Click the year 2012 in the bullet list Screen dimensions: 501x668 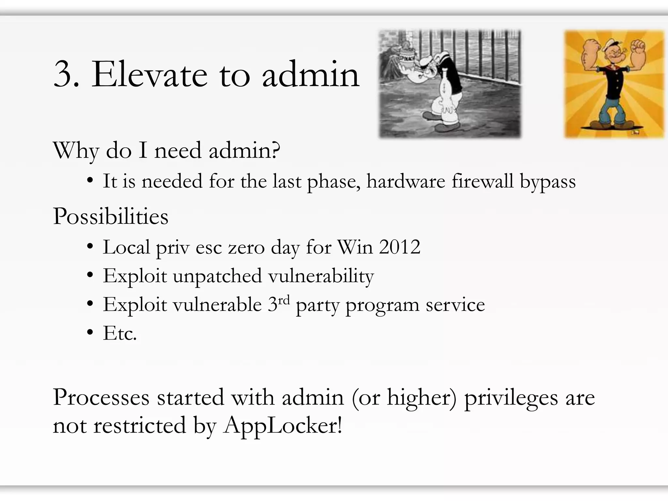(400, 247)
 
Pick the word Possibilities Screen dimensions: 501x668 (111, 216)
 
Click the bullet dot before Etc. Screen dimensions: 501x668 (90, 333)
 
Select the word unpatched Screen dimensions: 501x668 (217, 276)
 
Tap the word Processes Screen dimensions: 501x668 (101, 397)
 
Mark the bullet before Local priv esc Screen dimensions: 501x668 (90, 247)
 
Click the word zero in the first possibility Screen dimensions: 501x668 (246, 247)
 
